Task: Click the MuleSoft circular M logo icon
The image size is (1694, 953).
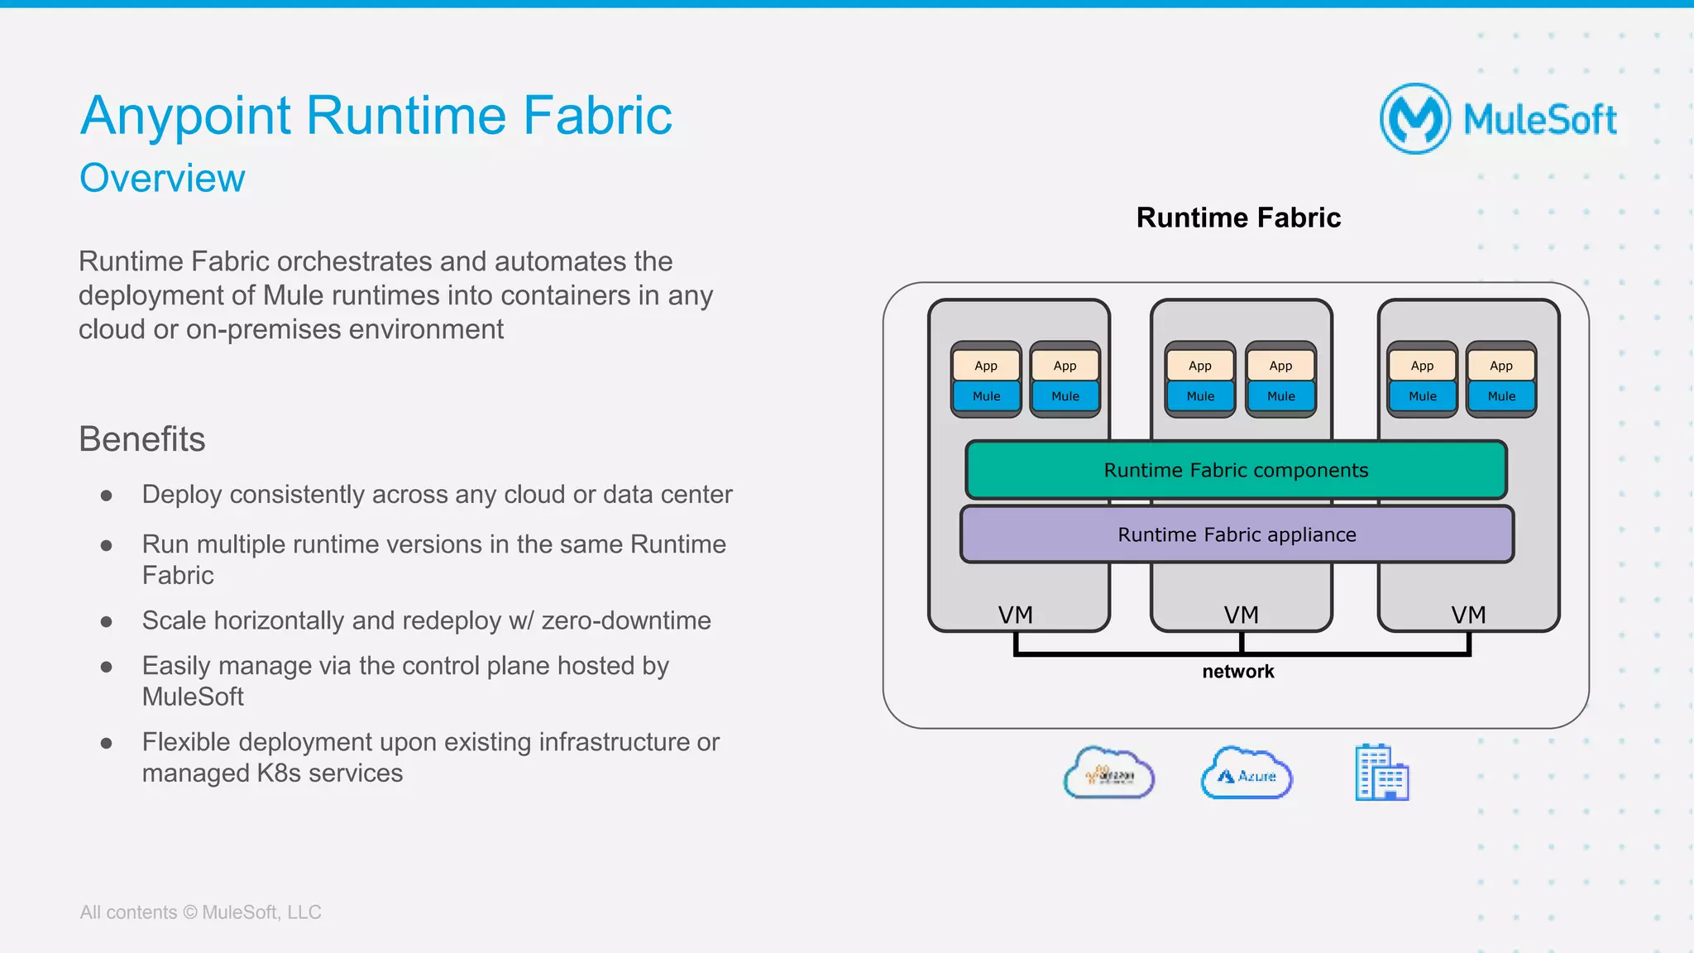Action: (x=1415, y=119)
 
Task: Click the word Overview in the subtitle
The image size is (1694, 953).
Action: (x=162, y=178)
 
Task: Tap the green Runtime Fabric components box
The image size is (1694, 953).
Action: (x=1236, y=470)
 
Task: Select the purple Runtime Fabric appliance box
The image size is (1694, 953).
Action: (x=1237, y=534)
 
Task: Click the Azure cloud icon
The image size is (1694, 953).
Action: (x=1246, y=773)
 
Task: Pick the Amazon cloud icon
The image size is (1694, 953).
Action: (x=1108, y=773)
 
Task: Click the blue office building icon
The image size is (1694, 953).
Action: (x=1381, y=773)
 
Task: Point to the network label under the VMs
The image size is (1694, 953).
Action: (x=1237, y=672)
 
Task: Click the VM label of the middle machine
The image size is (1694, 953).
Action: (x=1241, y=615)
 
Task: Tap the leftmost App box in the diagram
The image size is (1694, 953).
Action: (x=986, y=366)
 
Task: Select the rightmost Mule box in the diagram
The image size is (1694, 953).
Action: (x=1501, y=396)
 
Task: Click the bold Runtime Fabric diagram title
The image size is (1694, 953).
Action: (x=1238, y=218)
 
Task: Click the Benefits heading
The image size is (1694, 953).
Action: (x=141, y=439)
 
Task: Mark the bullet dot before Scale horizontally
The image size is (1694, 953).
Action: (x=106, y=621)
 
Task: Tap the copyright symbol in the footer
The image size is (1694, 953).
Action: (x=189, y=912)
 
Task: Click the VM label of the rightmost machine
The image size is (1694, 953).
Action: (x=1468, y=615)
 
